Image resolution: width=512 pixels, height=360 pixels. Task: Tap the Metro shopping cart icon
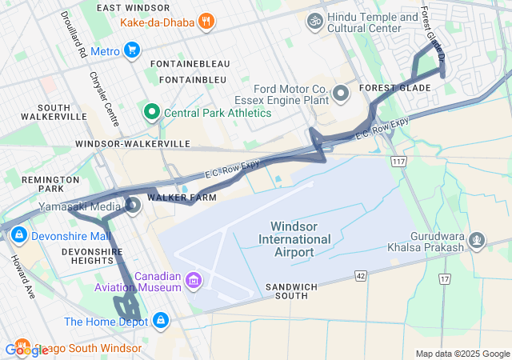click(x=132, y=51)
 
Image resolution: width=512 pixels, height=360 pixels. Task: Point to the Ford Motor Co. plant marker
click(x=342, y=94)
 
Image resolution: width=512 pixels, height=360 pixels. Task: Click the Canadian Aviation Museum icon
click(x=193, y=281)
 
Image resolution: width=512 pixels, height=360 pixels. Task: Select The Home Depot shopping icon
click(x=161, y=321)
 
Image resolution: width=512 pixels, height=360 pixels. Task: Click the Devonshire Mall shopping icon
click(x=18, y=236)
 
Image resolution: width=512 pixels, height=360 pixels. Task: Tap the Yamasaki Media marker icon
click(x=133, y=206)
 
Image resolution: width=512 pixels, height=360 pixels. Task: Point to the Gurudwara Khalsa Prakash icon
click(x=478, y=238)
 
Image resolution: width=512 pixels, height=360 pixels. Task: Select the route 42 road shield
click(x=360, y=275)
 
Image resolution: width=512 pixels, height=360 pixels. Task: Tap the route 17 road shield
click(x=445, y=278)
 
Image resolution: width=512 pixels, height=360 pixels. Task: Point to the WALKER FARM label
click(x=172, y=196)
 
